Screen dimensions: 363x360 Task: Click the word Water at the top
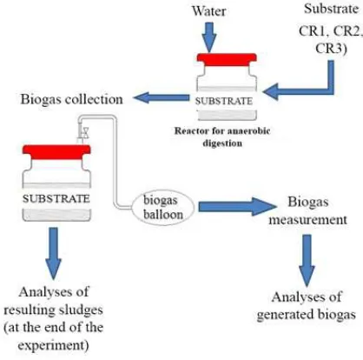point(209,11)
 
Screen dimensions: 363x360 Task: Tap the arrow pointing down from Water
point(209,37)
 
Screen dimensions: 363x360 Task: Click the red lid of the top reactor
point(227,60)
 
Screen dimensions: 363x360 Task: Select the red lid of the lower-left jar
point(56,152)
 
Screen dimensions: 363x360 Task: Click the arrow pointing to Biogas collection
point(162,97)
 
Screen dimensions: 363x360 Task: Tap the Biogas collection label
point(71,99)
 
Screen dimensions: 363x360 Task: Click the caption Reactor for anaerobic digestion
point(222,137)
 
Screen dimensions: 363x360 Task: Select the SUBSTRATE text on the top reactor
point(224,101)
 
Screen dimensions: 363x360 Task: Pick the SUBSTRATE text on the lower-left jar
point(56,199)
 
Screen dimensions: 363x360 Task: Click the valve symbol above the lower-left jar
point(84,132)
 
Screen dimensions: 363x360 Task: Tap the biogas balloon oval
point(163,208)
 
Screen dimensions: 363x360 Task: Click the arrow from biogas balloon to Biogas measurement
point(237,207)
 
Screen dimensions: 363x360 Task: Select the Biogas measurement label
point(307,210)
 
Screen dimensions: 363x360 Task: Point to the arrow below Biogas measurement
point(307,260)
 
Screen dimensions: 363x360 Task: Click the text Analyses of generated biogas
point(307,306)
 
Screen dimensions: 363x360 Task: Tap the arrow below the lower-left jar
point(54,254)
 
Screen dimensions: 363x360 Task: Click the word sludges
point(81,310)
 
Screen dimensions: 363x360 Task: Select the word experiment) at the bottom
point(53,345)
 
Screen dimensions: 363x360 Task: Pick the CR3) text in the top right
point(331,48)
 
